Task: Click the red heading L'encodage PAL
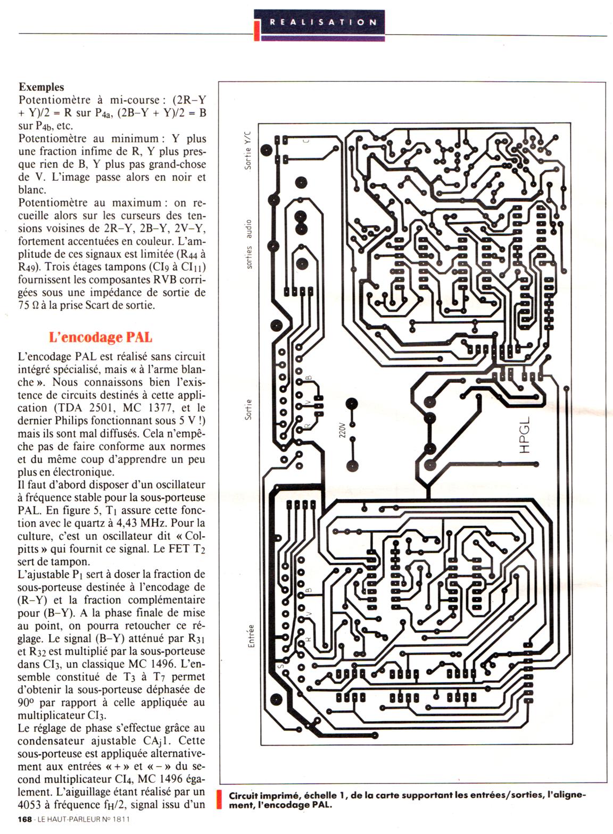tap(101, 337)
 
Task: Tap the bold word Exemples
tap(42, 87)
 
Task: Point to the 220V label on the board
tap(342, 430)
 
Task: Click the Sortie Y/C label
tap(247, 150)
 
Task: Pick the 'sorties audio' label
tap(249, 244)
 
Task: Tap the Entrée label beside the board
tap(251, 636)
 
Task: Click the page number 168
tap(24, 820)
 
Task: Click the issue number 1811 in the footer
tap(120, 820)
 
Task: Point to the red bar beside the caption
tap(220, 800)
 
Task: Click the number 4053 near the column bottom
tap(31, 805)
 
